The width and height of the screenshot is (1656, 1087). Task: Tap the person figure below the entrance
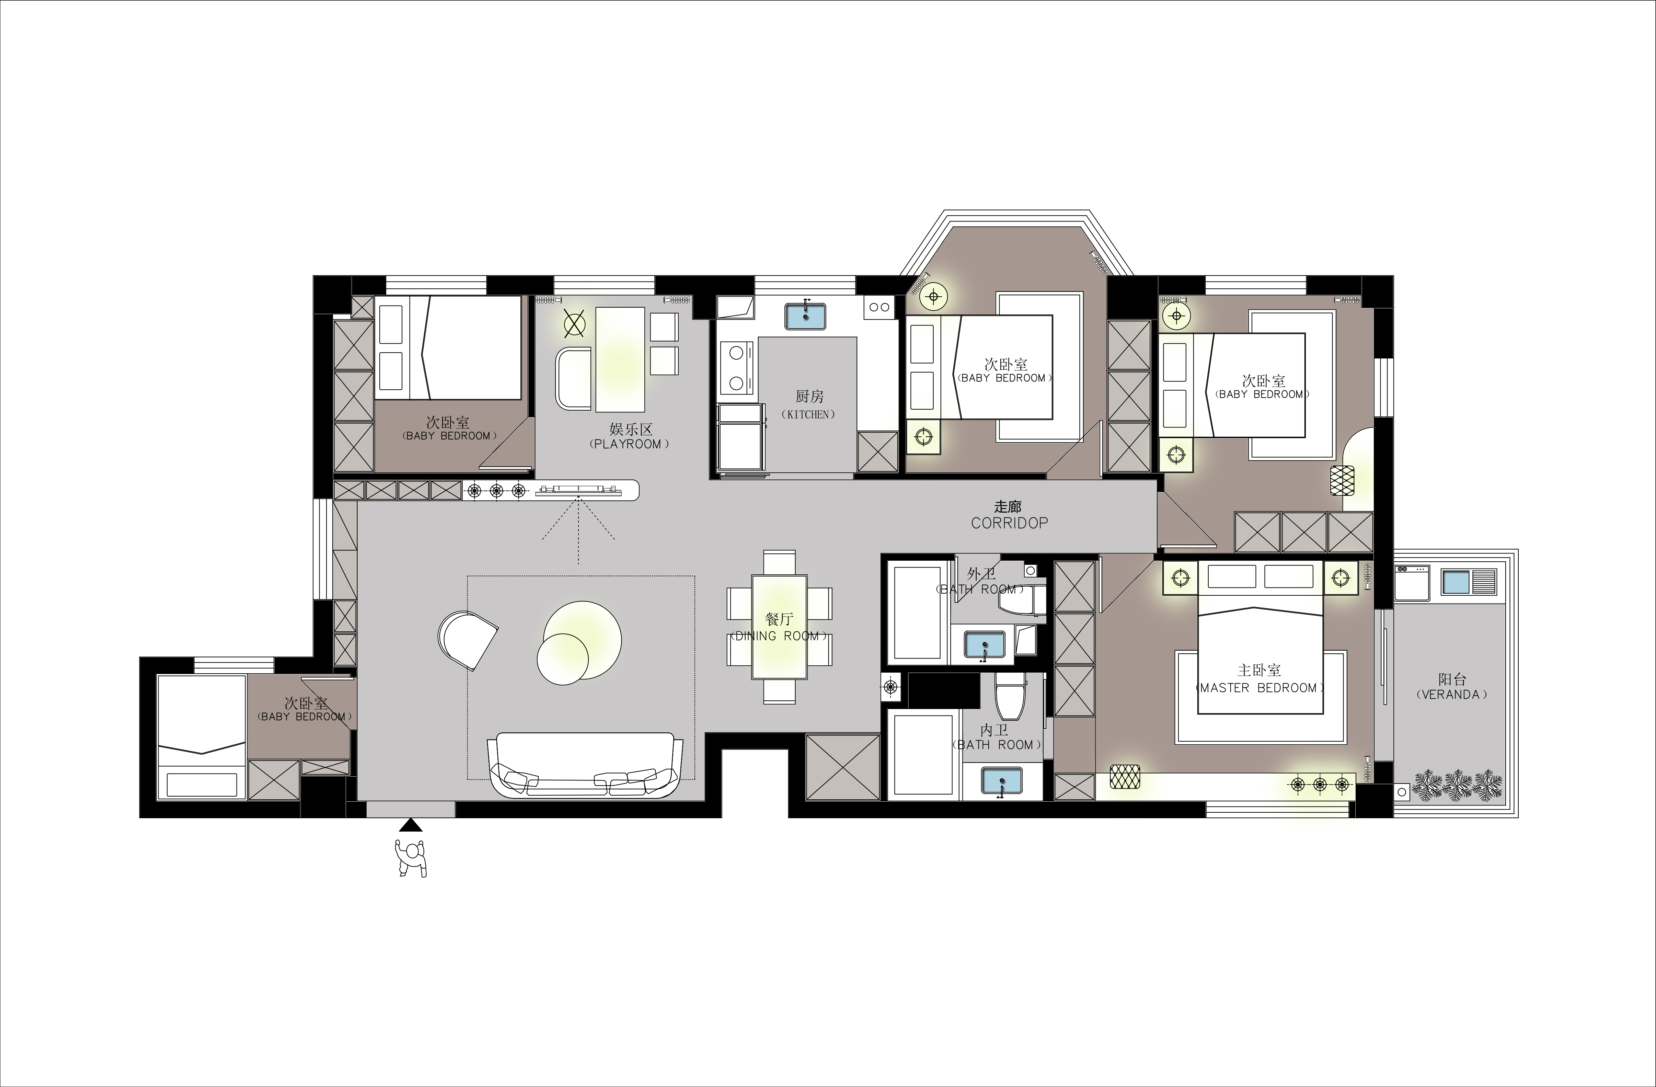tap(411, 858)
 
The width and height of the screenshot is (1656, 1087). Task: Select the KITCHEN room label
tap(808, 414)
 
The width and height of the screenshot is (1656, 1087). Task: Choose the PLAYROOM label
tap(630, 444)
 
